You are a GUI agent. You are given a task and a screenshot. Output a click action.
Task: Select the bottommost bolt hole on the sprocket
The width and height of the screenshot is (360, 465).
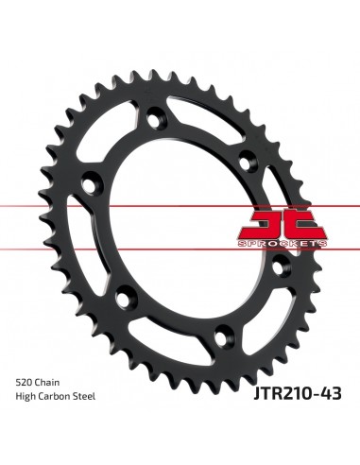click(x=223, y=336)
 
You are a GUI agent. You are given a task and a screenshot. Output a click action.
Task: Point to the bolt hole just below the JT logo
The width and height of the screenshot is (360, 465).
click(x=280, y=267)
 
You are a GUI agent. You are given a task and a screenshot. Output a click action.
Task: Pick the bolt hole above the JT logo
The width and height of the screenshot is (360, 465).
click(x=247, y=161)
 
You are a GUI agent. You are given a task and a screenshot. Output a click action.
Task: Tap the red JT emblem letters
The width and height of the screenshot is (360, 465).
click(x=283, y=224)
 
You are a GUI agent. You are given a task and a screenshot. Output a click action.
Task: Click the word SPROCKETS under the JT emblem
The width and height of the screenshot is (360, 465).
click(x=283, y=244)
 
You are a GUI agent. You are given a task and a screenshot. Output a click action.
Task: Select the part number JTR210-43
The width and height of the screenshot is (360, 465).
click(x=298, y=393)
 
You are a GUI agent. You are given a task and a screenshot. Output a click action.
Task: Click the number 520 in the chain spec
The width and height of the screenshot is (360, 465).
click(x=25, y=383)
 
